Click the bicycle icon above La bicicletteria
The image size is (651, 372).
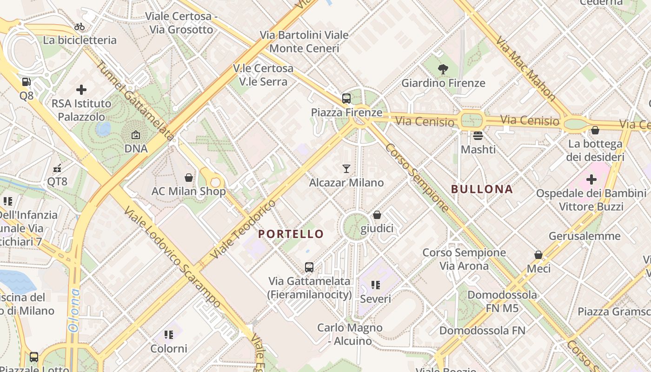click(80, 27)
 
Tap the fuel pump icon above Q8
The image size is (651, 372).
click(27, 82)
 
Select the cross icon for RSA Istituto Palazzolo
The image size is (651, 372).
click(81, 89)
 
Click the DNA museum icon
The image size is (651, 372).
click(136, 135)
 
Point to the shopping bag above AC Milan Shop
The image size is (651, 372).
click(189, 178)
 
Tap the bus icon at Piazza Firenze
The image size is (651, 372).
click(346, 99)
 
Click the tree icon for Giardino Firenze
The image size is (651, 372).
click(443, 69)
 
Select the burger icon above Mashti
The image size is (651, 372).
click(478, 136)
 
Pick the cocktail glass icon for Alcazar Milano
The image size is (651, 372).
click(346, 168)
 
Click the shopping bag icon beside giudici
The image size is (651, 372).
click(377, 215)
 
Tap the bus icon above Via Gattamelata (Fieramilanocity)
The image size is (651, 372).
click(309, 267)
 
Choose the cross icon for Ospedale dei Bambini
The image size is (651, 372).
click(591, 179)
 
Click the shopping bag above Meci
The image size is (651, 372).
click(538, 255)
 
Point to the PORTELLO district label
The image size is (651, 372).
click(291, 234)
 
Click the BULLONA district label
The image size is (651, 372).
click(482, 189)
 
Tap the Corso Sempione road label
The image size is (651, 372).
click(417, 177)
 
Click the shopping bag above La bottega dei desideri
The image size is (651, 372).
click(595, 130)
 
